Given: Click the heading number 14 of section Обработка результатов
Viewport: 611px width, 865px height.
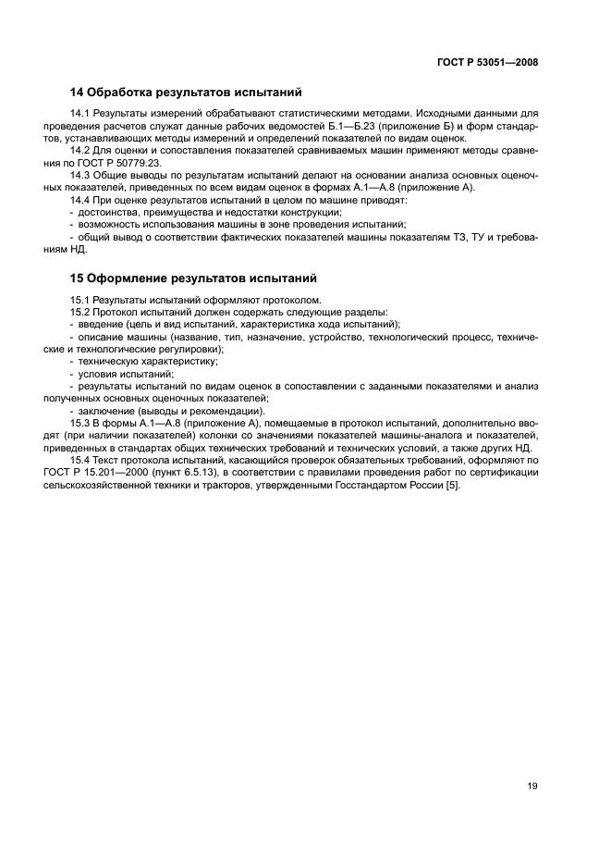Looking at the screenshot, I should (78, 93).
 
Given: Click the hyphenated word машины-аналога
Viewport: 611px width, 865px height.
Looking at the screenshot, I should (406, 436).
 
